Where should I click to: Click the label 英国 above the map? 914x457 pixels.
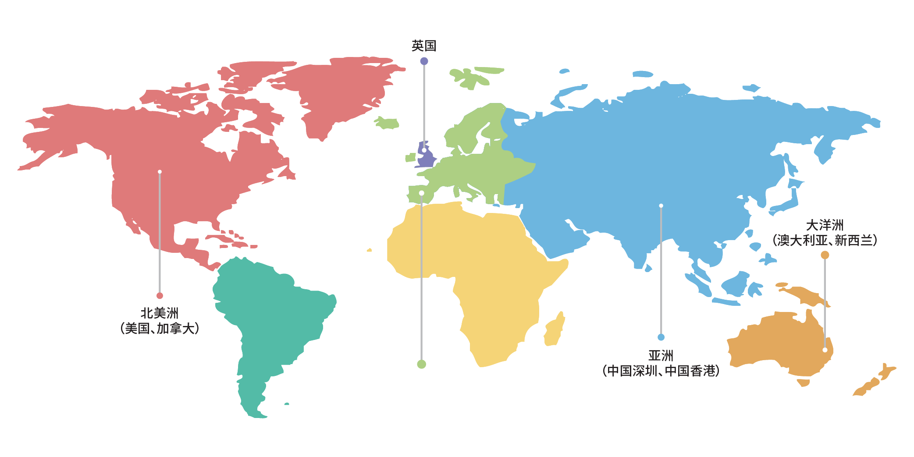point(423,46)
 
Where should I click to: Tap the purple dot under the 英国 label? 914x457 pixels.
point(424,61)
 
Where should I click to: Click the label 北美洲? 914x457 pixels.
point(160,313)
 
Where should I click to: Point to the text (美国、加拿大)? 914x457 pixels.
point(160,328)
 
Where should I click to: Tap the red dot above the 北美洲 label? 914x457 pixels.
point(160,296)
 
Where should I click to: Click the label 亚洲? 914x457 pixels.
point(661,355)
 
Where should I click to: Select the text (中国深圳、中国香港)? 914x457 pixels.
point(661,371)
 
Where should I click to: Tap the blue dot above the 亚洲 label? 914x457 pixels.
point(661,337)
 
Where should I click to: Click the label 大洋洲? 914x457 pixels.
point(825,225)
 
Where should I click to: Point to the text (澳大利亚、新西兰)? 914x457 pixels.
point(825,240)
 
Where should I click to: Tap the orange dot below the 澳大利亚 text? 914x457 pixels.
point(825,255)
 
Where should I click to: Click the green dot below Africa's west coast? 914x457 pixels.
point(421,364)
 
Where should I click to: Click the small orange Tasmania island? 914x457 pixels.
point(804,383)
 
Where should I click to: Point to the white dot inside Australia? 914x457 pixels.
point(825,350)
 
